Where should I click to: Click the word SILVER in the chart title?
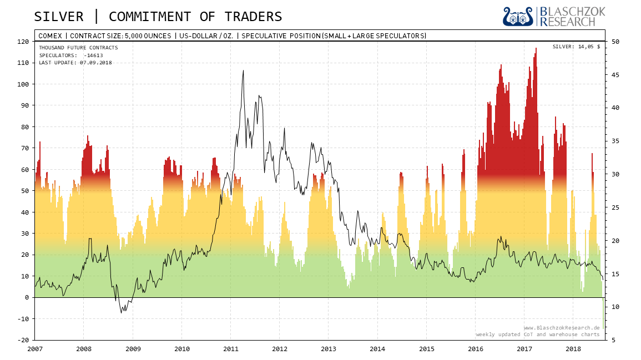coord(58,17)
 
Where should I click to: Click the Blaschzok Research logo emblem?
coord(517,17)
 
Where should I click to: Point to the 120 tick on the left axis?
coord(24,42)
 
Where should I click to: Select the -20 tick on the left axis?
coord(24,340)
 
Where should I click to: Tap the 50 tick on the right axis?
coord(615,42)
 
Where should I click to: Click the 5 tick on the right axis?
coord(613,340)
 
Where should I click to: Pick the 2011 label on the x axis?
coord(231,349)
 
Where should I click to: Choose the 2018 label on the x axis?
coord(573,349)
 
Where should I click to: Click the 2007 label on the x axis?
coord(35,349)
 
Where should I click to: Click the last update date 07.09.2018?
coord(95,63)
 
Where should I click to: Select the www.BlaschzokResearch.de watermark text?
coord(561,328)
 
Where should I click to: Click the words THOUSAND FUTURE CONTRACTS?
coord(78,48)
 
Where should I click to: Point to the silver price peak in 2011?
coord(243,71)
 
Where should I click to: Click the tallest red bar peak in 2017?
coord(536,49)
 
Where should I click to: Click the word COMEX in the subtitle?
coord(50,36)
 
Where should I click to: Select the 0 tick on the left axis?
coord(26,297)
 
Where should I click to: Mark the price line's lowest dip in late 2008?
coord(122,312)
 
